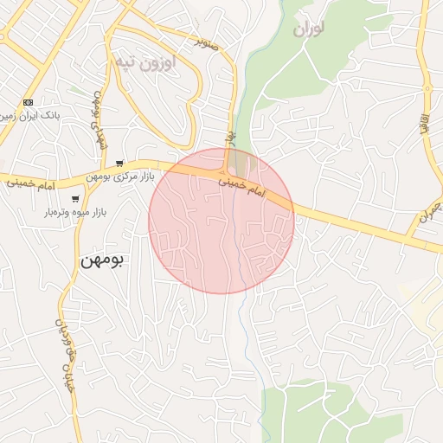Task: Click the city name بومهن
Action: tap(102, 259)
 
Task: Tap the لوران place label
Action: tap(309, 29)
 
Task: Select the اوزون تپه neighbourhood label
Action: tap(144, 61)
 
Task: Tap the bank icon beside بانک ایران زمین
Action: tap(29, 102)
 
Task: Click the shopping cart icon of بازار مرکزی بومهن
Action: tap(119, 164)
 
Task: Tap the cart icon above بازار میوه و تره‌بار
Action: tap(75, 199)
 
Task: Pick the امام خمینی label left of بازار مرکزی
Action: tap(35, 184)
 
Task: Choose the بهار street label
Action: tap(230, 138)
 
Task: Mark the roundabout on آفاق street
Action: tap(427, 87)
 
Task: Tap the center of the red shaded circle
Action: tap(221, 221)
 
